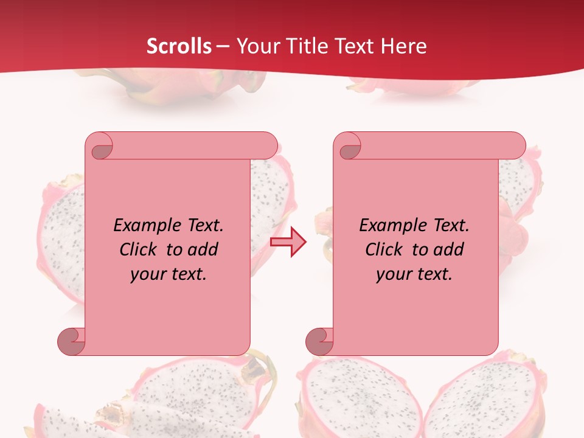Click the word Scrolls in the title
tap(179, 46)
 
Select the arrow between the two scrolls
tap(288, 242)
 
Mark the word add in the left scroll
tap(203, 250)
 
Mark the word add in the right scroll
tap(449, 250)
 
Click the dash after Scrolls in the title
tap(223, 47)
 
